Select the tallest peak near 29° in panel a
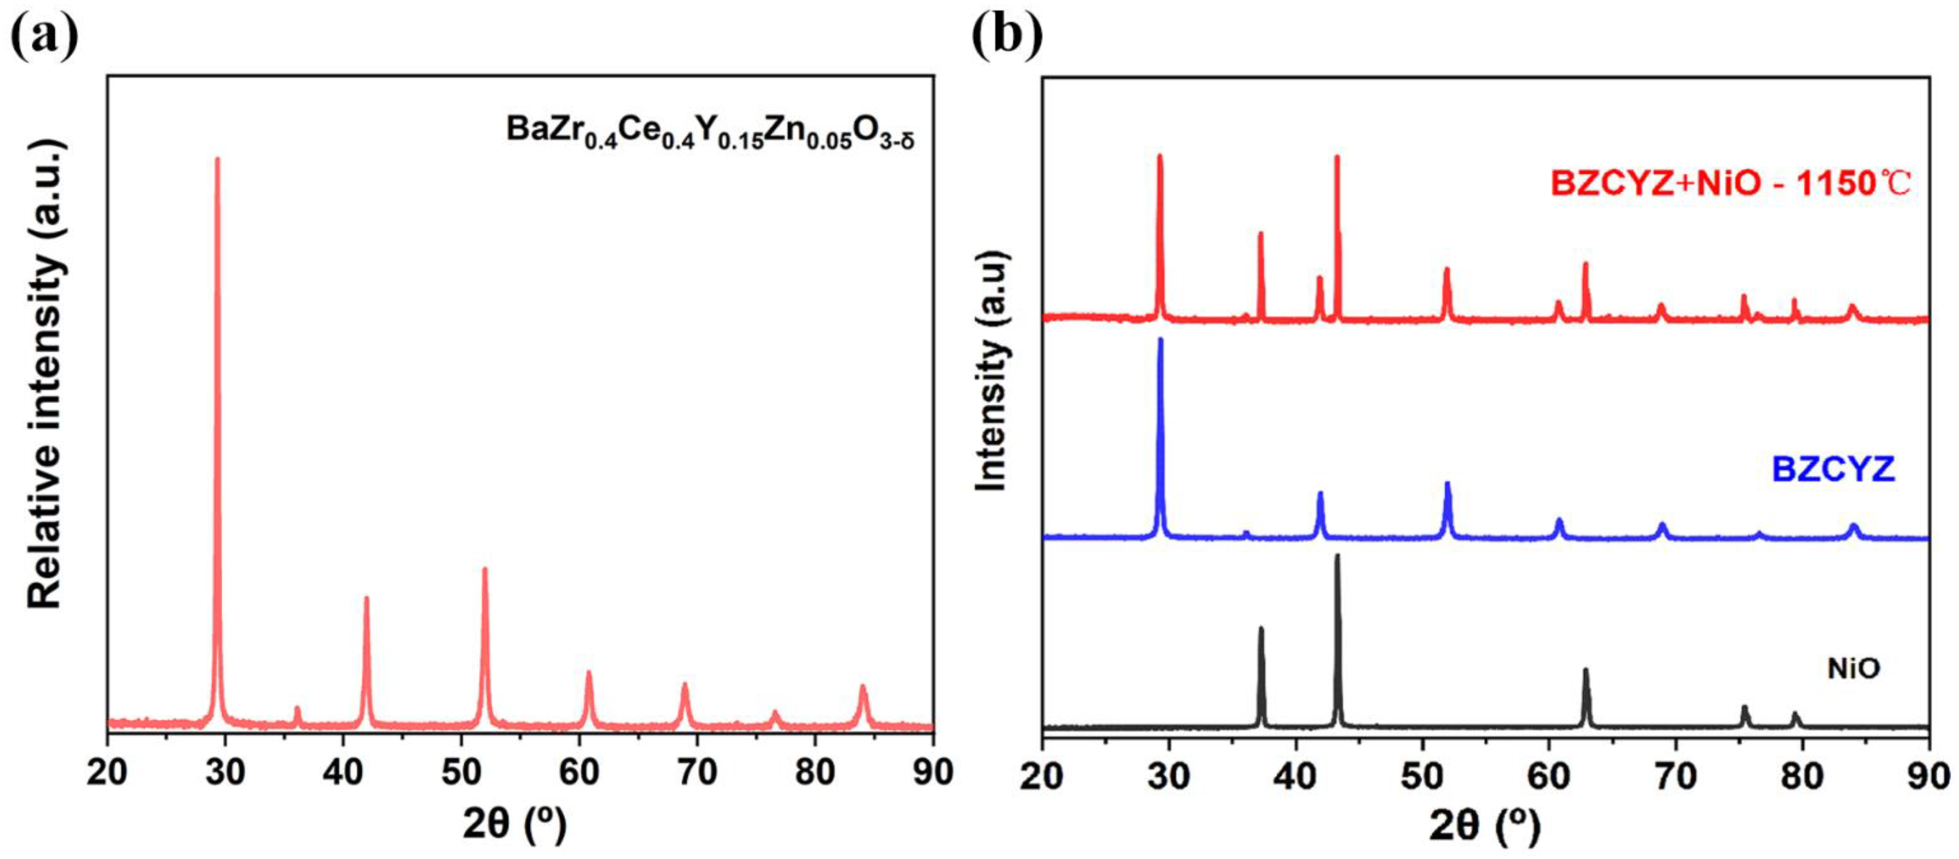(x=218, y=164)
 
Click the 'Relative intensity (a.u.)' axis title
(x=45, y=373)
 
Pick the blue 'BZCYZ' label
(x=1833, y=469)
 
